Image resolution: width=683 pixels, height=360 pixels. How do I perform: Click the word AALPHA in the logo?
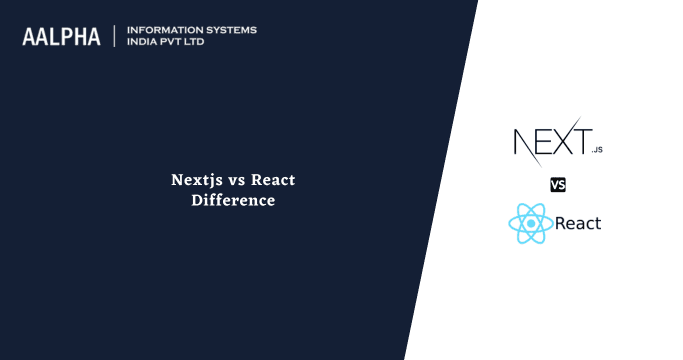pos(61,37)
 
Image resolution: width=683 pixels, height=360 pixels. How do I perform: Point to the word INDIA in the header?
pos(144,43)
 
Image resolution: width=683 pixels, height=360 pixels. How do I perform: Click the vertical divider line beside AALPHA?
pos(115,36)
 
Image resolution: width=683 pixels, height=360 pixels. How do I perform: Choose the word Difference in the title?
pos(233,200)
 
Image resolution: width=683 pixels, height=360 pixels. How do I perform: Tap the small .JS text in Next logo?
pos(597,150)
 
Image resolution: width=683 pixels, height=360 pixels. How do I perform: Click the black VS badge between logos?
pos(558,184)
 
